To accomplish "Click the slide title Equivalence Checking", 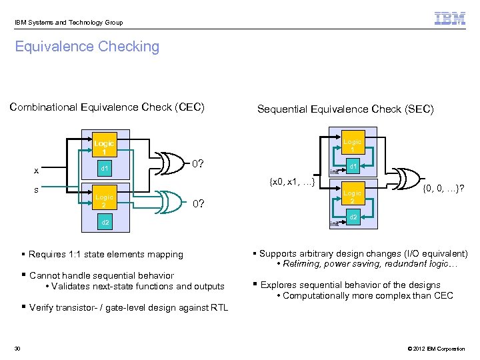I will coord(87,47).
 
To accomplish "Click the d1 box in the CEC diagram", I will coord(104,169).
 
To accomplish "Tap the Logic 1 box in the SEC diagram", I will coord(353,145).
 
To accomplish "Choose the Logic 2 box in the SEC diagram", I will coord(353,197).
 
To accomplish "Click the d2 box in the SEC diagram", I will coord(354,218).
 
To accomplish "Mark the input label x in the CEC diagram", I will coord(37,171).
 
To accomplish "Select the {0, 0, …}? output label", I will coord(443,189).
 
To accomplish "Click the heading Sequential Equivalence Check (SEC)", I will coord(345,109).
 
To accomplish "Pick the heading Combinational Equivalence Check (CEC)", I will coord(107,107).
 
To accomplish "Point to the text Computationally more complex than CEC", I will coord(367,295).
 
